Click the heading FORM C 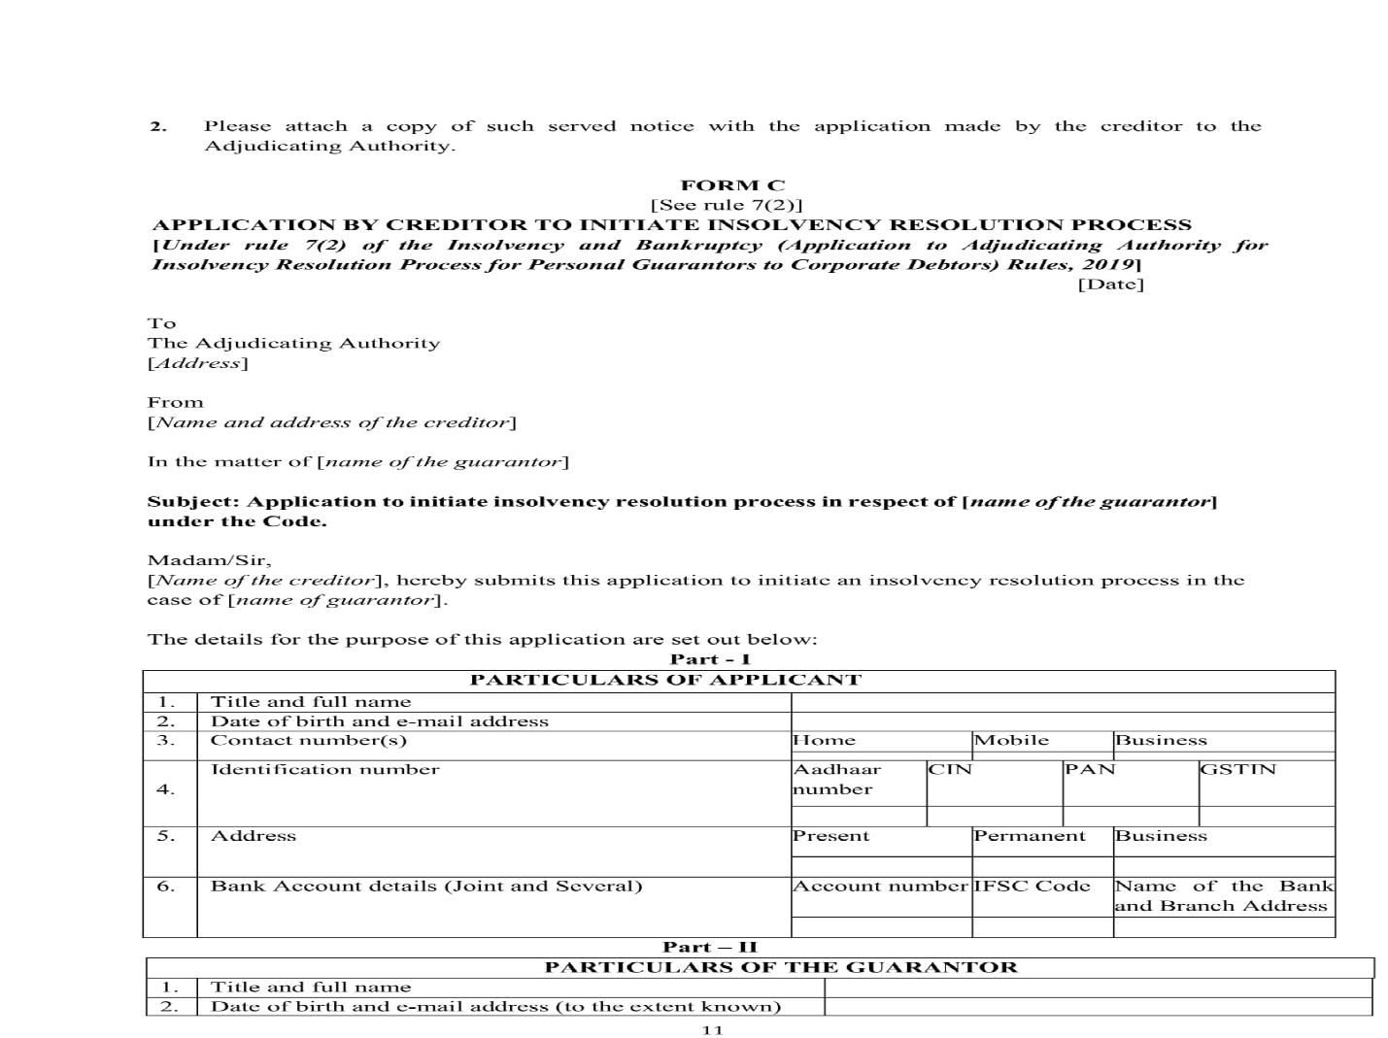click(x=733, y=184)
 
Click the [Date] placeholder click(x=1110, y=285)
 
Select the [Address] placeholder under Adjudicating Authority click(x=197, y=363)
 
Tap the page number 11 click(x=712, y=1030)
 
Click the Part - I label click(x=710, y=659)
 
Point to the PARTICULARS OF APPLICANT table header click(x=665, y=680)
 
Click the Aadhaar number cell click(x=837, y=779)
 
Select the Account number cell click(x=880, y=886)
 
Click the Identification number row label click(x=324, y=769)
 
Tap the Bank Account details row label click(x=425, y=886)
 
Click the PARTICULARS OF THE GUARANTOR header click(x=781, y=967)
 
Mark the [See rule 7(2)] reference click(x=727, y=205)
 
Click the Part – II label click(x=710, y=947)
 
